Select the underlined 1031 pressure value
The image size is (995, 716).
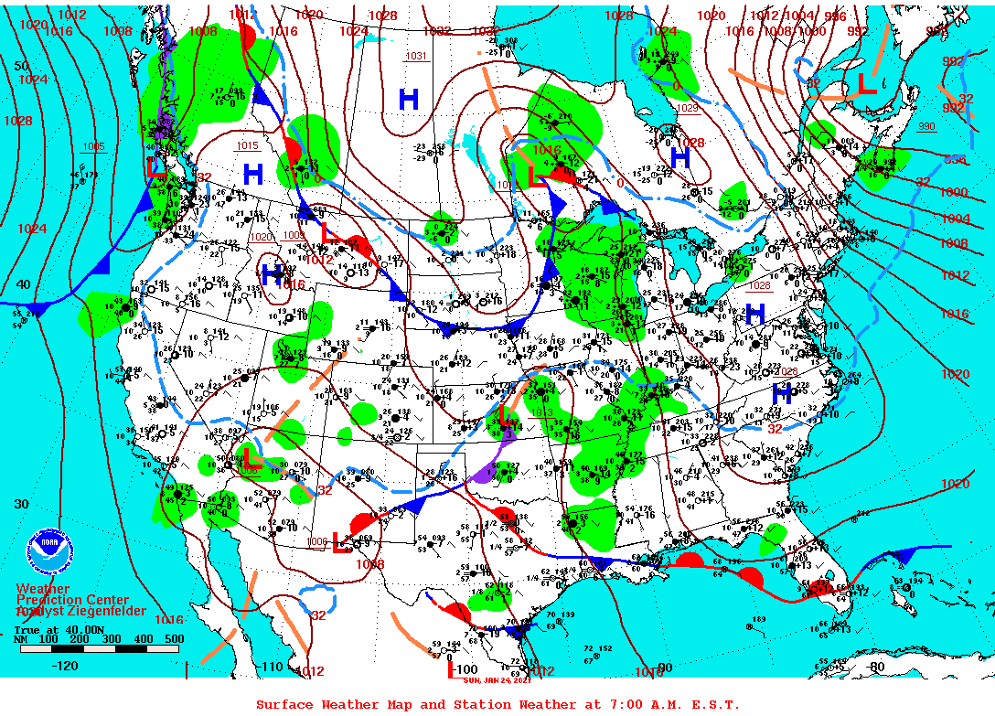pyautogui.click(x=416, y=56)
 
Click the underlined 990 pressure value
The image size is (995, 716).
pyautogui.click(x=926, y=125)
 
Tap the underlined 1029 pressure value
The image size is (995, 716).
pyautogui.click(x=688, y=108)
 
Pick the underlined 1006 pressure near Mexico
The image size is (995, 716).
pyautogui.click(x=317, y=541)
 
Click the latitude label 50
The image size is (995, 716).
pyautogui.click(x=22, y=66)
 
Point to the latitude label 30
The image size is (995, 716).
pyautogui.click(x=22, y=504)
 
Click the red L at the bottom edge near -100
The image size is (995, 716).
pyautogui.click(x=451, y=669)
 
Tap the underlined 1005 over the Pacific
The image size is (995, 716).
pyautogui.click(x=93, y=146)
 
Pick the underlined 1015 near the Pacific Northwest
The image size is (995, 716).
pyautogui.click(x=247, y=145)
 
